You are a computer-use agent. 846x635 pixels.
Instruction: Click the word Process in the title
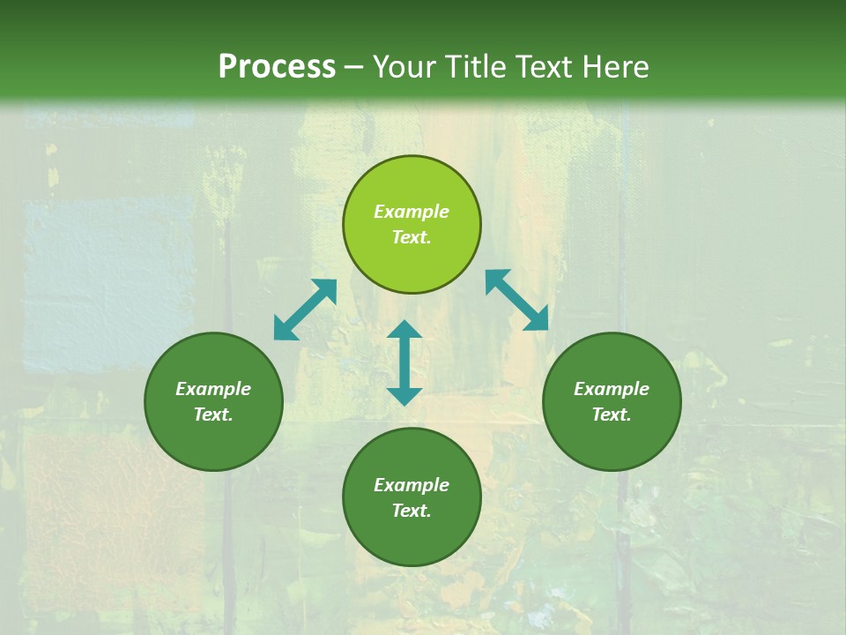click(277, 67)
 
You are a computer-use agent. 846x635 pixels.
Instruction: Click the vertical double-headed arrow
click(404, 362)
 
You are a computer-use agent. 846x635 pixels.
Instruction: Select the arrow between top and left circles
click(305, 310)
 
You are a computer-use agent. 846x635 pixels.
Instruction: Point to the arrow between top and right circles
click(517, 300)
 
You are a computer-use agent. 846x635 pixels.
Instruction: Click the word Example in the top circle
click(412, 212)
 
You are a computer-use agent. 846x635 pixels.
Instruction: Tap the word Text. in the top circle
click(412, 237)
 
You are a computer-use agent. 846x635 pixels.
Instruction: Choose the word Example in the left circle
click(213, 389)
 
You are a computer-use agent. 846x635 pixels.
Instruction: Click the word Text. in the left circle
click(213, 415)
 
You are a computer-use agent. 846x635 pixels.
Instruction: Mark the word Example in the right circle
click(612, 389)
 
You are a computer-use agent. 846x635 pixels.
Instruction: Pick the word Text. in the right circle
click(612, 415)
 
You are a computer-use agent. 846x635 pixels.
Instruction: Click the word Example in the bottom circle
click(412, 485)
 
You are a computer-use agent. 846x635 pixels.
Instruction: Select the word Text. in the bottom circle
click(412, 511)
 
